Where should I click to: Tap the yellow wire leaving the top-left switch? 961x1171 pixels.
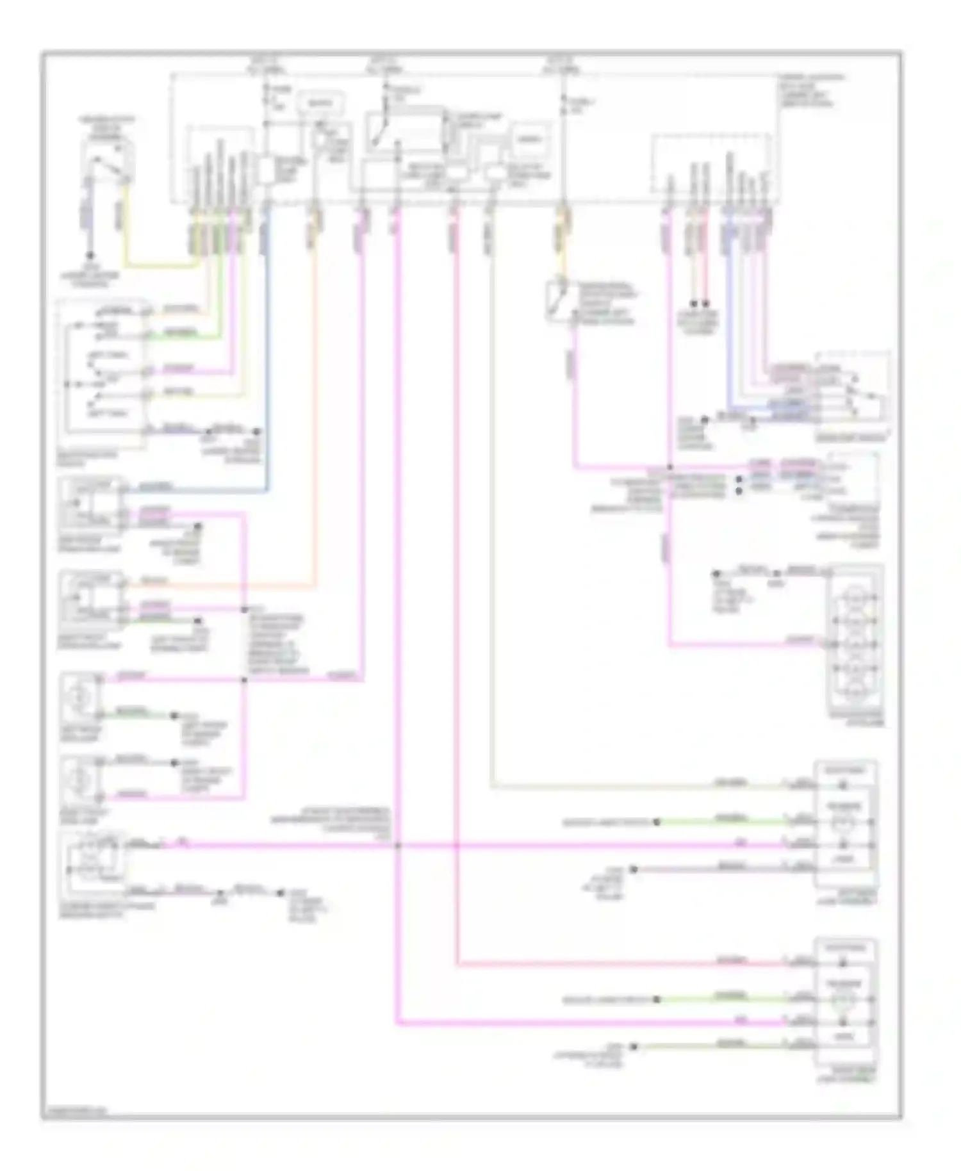pyautogui.click(x=154, y=265)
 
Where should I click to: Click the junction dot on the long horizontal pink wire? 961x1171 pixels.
pyautogui.click(x=397, y=846)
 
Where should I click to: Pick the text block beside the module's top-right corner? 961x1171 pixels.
pyautogui.click(x=810, y=90)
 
